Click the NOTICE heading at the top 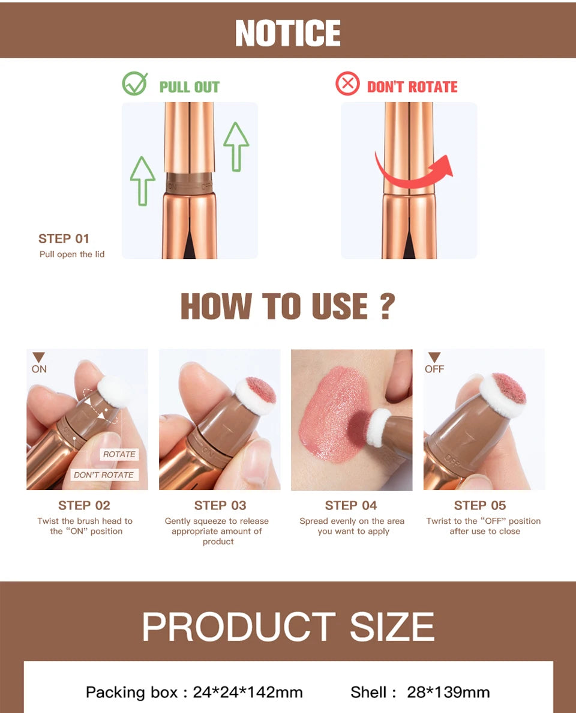pos(288,33)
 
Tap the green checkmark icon pos(134,83)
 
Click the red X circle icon pos(347,83)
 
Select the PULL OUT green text pos(190,87)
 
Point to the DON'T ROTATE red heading pos(412,87)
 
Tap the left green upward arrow pos(142,180)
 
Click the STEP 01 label pos(64,238)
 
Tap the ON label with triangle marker pos(39,364)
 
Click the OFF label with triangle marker pos(434,364)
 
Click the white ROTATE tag pos(119,454)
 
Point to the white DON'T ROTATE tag pos(104,475)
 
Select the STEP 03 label pos(220,506)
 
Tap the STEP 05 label pos(480,506)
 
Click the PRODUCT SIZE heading pos(288,627)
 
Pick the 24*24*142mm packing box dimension pos(248,692)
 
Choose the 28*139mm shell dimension pos(448,692)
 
